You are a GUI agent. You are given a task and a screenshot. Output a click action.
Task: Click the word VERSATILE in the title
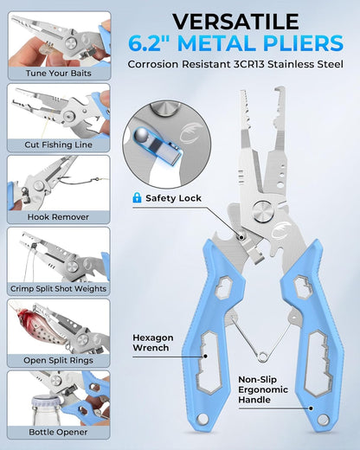click(235, 22)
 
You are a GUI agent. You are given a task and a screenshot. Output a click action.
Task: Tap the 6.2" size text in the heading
click(149, 43)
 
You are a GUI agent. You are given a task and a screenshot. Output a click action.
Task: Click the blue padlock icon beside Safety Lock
click(137, 197)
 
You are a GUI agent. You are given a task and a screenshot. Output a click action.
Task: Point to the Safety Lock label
click(173, 198)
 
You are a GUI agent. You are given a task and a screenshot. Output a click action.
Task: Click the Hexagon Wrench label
click(153, 343)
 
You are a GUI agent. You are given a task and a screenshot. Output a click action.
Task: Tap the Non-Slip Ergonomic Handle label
click(263, 389)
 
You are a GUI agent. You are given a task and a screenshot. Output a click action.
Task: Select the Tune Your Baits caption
click(59, 74)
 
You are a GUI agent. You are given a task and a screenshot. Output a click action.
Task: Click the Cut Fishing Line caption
click(59, 145)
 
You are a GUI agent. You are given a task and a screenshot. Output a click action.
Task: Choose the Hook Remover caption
click(58, 217)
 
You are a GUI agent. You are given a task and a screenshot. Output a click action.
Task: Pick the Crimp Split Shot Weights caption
click(59, 289)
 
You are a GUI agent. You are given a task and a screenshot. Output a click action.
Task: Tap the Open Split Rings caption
click(58, 360)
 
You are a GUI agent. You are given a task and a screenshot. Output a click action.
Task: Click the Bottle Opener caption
click(58, 432)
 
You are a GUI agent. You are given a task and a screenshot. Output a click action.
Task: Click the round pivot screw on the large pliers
click(262, 212)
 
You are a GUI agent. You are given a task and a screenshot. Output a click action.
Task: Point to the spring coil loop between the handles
click(261, 357)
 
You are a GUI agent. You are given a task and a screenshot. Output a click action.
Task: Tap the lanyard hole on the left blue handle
click(202, 419)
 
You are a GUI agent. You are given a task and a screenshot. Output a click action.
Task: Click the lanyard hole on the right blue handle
click(323, 419)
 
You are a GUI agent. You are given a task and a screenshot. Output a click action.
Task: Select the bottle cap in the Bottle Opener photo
click(46, 402)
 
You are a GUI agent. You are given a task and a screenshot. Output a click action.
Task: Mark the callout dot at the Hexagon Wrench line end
click(205, 357)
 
